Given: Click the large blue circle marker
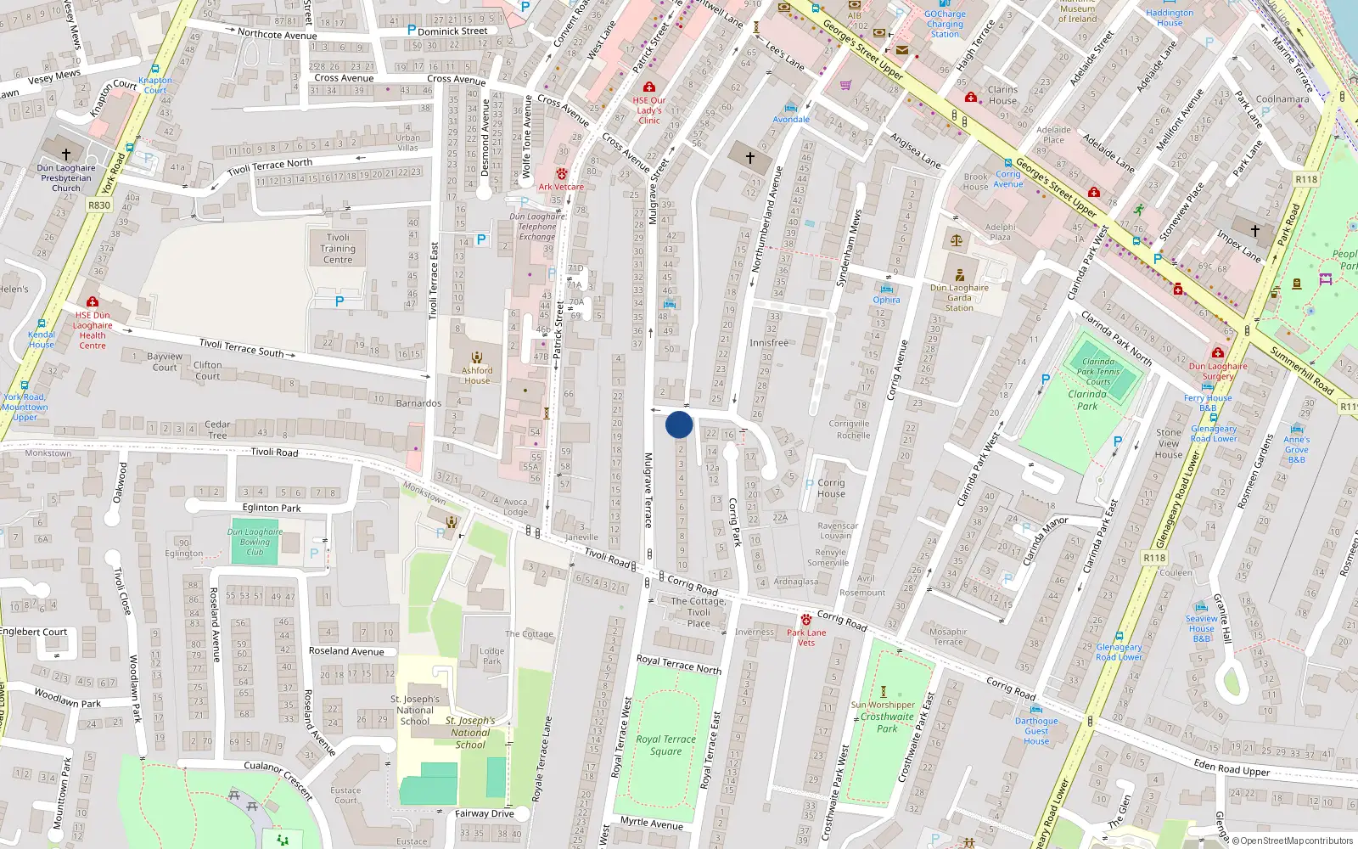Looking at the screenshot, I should [x=679, y=424].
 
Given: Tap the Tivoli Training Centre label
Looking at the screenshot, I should [x=338, y=249].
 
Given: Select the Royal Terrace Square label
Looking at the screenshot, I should [x=666, y=745].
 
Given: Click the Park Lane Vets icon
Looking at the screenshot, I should [x=805, y=620].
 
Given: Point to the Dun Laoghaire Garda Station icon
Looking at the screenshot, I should [x=959, y=275].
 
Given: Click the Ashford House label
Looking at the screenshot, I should [x=477, y=375].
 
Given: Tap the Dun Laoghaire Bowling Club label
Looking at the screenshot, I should [x=255, y=542].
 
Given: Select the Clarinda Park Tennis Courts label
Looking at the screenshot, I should [x=1098, y=371].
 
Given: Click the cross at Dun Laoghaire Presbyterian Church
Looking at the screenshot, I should [x=66, y=154].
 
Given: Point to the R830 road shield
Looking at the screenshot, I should [x=99, y=205].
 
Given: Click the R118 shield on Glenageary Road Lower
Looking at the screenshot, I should [x=1154, y=558].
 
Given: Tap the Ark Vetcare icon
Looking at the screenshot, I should [x=561, y=174].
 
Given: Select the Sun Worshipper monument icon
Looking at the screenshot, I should [x=883, y=692].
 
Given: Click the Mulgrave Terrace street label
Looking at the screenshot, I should [x=648, y=490].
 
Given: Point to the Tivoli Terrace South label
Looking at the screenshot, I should [x=242, y=348].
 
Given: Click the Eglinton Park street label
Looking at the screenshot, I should [x=272, y=508].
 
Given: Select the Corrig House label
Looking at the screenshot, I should [x=831, y=488].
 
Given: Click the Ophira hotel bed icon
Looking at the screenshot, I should [x=886, y=289].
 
